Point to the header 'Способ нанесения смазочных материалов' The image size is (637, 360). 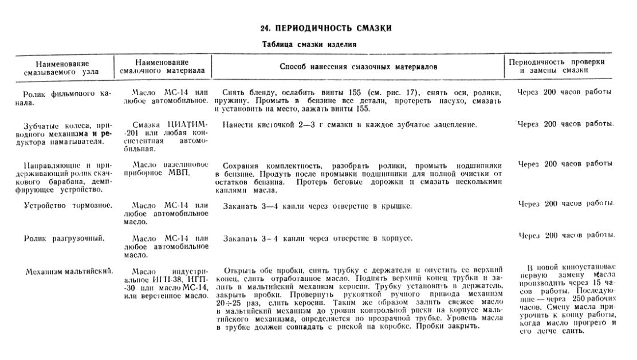tap(358, 67)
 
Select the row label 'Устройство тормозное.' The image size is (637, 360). tap(68, 205)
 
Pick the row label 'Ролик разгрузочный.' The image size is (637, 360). tap(64, 238)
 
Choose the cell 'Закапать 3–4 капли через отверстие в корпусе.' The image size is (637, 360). tap(318, 238)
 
